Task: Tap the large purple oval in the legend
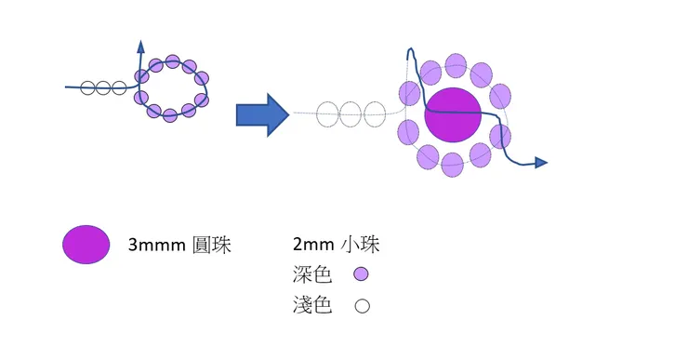(86, 245)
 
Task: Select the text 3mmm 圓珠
(179, 246)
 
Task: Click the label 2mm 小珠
(336, 246)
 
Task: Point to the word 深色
(311, 274)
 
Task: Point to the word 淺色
(311, 304)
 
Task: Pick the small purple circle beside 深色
(362, 274)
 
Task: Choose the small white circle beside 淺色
(362, 304)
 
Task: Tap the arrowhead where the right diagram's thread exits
(541, 163)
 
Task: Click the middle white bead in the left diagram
(102, 88)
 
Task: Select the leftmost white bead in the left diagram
(87, 88)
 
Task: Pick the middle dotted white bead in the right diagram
(351, 114)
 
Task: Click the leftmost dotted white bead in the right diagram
(328, 114)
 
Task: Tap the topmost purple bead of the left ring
(173, 61)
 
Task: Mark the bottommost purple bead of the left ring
(170, 115)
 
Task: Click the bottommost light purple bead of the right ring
(453, 164)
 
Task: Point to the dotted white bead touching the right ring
(375, 114)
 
